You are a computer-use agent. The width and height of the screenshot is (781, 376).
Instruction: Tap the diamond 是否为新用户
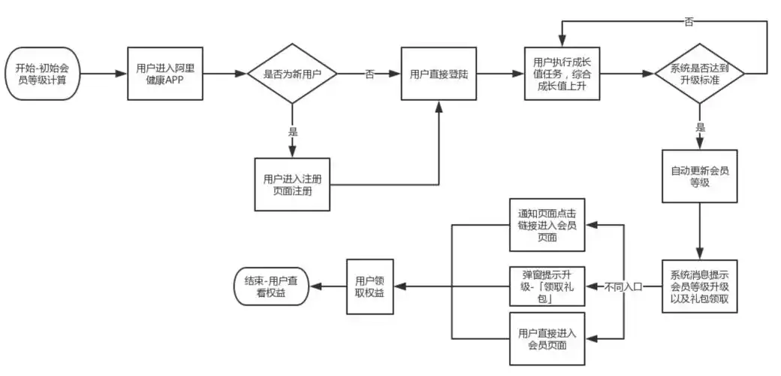292,74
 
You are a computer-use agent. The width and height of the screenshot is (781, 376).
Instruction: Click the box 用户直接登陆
439,74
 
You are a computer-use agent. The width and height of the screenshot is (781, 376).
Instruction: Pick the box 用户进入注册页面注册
292,184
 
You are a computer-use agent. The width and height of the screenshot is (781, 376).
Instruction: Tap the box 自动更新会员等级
699,176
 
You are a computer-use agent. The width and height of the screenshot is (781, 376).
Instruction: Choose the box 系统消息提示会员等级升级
699,287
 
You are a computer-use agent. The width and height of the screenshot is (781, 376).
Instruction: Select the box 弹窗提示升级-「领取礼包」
547,287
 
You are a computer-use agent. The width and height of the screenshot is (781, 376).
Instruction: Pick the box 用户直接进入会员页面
547,338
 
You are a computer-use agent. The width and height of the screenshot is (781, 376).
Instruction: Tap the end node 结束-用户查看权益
271,287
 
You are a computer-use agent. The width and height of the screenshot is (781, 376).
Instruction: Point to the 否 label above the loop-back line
688,22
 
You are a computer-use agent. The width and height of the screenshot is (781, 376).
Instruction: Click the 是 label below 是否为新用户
292,131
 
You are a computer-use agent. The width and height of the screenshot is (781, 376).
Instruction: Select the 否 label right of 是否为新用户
369,74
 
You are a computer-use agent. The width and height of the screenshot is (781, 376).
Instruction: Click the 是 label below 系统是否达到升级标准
700,127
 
